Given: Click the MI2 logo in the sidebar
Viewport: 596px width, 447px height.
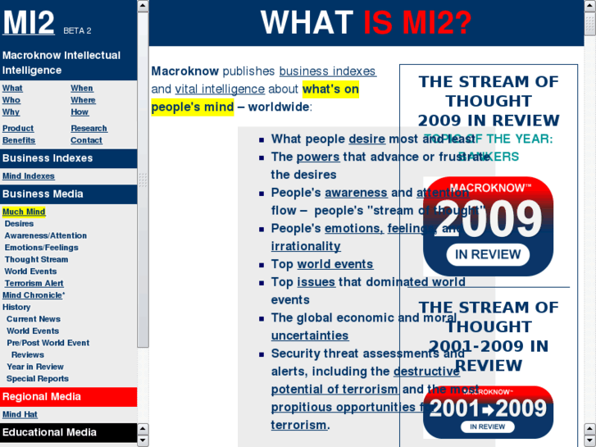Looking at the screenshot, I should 29,23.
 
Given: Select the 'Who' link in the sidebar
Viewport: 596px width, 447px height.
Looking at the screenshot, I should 11,100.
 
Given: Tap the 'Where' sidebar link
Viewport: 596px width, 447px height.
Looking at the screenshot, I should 83,100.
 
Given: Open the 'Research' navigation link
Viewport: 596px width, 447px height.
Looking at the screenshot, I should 89,129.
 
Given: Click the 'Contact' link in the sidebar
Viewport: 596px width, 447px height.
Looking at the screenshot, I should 86,140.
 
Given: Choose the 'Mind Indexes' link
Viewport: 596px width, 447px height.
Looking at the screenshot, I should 29,176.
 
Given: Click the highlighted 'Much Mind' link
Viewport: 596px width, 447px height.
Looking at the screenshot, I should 24,212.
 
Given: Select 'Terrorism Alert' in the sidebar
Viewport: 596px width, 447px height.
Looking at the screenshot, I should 34,283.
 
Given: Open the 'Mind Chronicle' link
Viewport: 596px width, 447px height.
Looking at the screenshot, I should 33,295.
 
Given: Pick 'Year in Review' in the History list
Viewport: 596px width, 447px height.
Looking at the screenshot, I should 35,367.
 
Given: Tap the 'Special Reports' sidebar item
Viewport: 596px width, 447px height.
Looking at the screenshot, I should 38,379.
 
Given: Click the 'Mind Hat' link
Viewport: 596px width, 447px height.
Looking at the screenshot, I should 20,415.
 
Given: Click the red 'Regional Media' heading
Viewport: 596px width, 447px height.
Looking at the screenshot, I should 42,397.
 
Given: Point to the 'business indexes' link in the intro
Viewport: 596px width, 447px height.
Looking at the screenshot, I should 327,71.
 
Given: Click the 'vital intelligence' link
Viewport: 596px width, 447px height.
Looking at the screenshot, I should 220,89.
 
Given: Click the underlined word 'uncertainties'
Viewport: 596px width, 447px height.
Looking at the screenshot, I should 310,335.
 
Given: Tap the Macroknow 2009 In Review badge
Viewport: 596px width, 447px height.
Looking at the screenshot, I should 488,226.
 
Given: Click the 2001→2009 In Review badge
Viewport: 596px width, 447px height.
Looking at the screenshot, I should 488,412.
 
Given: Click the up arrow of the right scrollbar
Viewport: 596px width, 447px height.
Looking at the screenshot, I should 589,7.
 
